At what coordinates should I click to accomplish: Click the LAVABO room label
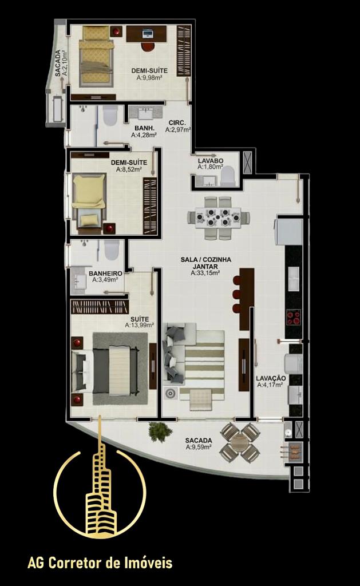click(211, 161)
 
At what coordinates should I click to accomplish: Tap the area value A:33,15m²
click(205, 273)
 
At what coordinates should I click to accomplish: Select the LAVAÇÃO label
click(271, 378)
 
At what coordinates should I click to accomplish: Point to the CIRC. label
click(177, 123)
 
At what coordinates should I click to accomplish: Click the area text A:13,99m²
click(140, 326)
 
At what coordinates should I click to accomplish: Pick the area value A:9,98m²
click(149, 78)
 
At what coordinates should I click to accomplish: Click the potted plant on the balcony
click(160, 433)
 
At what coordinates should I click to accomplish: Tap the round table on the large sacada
click(240, 443)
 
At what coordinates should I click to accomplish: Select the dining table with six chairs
click(218, 218)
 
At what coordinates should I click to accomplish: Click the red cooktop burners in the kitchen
click(294, 317)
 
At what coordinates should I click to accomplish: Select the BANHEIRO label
click(105, 274)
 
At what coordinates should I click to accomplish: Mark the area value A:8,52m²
click(129, 169)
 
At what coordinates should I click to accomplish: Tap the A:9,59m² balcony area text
click(199, 446)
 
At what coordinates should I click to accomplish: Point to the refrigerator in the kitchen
click(288, 232)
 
